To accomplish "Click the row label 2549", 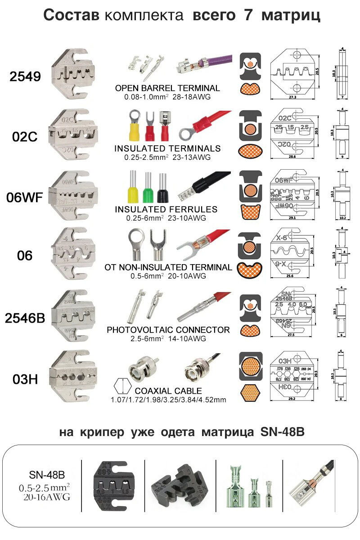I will (25, 76).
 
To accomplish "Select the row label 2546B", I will (25, 318).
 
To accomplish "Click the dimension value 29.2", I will (294, 398).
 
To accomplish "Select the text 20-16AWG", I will (44, 497).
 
